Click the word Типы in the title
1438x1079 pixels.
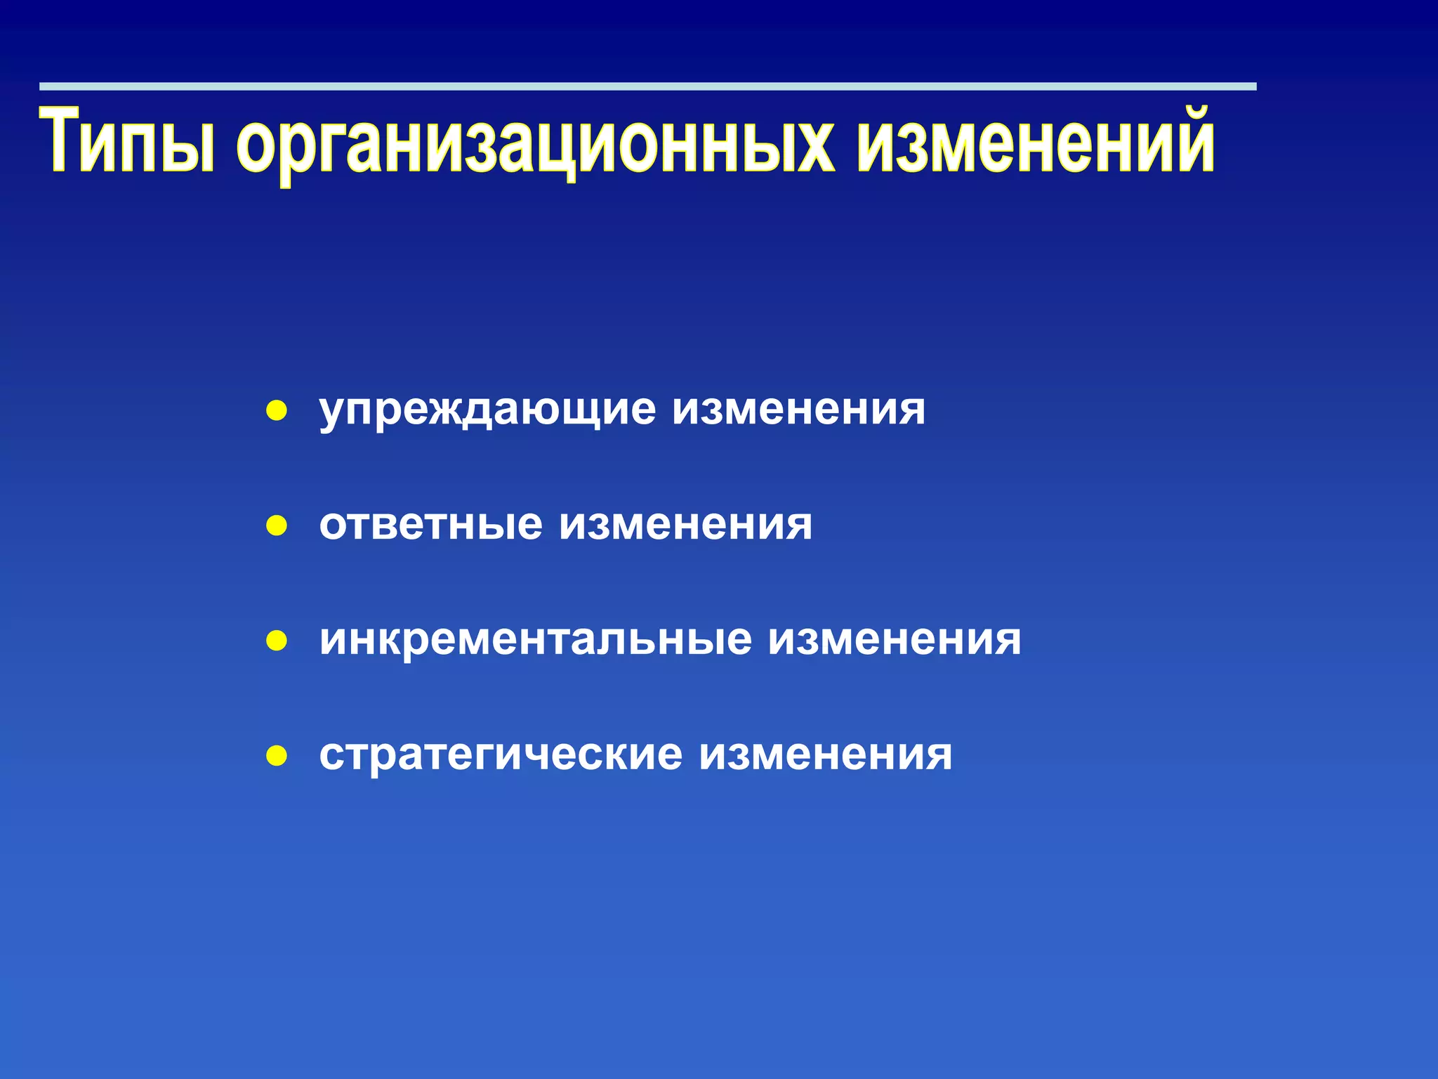127,140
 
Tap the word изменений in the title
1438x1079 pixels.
1036,140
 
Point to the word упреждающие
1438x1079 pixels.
487,410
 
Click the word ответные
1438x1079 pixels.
430,524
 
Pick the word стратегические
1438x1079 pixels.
500,755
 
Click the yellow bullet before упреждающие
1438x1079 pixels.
277,411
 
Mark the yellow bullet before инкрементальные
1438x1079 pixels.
277,641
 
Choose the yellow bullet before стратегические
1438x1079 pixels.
277,756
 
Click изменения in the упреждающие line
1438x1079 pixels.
799,409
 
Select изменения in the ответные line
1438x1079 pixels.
685,524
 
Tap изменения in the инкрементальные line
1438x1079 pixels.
895,639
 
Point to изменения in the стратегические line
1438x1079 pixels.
826,755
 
